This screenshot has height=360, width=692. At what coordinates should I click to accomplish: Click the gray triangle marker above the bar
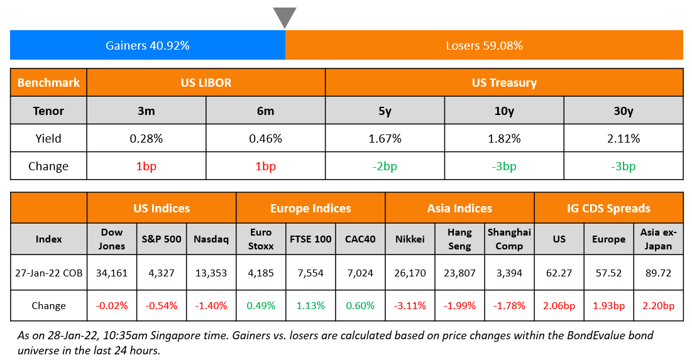[285, 17]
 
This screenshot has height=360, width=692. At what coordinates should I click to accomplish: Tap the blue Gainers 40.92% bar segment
[148, 45]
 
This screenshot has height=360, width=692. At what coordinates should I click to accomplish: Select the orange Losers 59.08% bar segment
[484, 45]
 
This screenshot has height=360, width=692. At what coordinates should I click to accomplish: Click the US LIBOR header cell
[206, 83]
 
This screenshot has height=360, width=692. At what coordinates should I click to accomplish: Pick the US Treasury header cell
[504, 83]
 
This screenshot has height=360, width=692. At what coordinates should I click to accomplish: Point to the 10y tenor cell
[504, 111]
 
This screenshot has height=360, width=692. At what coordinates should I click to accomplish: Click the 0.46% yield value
[265, 139]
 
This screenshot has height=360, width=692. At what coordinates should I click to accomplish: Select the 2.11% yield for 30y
[623, 139]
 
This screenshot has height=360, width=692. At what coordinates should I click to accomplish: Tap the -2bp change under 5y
[385, 166]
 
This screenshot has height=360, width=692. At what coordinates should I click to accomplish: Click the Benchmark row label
[48, 83]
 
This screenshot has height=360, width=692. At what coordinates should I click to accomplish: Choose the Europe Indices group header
[310, 209]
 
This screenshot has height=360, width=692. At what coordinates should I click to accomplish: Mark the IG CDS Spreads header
[608, 209]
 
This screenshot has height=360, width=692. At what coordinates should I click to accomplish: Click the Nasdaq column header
[212, 239]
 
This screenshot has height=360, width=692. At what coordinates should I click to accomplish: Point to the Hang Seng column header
[459, 239]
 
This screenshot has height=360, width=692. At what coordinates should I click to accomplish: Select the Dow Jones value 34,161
[112, 273]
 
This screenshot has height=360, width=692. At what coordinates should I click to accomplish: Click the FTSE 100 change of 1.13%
[310, 306]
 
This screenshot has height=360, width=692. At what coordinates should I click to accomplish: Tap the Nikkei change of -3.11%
[410, 306]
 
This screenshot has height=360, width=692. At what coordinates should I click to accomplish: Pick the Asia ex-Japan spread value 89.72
[658, 273]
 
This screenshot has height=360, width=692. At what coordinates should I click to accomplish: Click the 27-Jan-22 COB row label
[48, 273]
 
